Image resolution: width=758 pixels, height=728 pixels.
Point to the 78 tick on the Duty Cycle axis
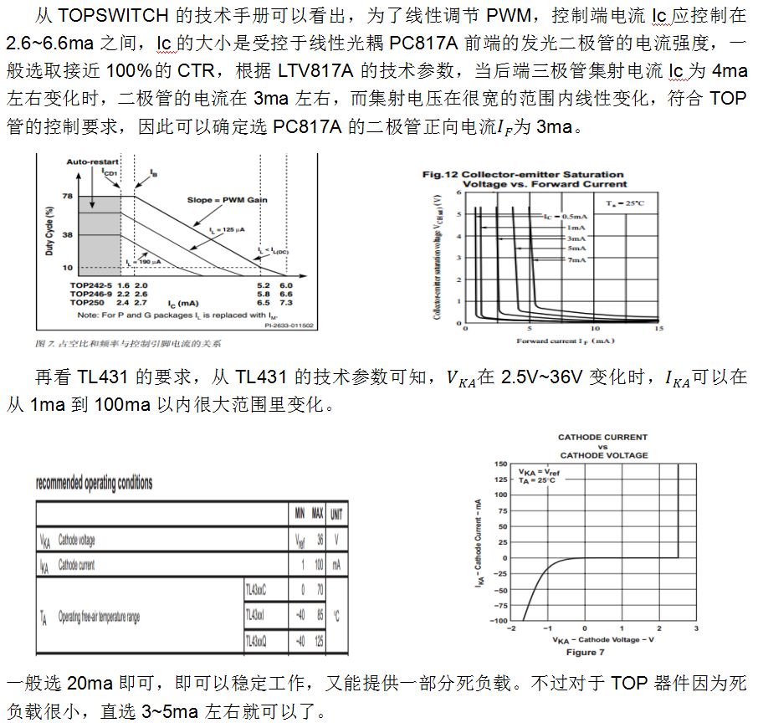pyautogui.click(x=68, y=196)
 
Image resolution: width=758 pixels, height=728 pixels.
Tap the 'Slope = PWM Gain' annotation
pyautogui.click(x=219, y=200)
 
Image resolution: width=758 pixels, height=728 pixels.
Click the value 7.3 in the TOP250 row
pyautogui.click(x=285, y=302)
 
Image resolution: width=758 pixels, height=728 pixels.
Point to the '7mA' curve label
pyautogui.click(x=576, y=260)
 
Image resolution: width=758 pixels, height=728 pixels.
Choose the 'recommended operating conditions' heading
pyautogui.click(x=94, y=484)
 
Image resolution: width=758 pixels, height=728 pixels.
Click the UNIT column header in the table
pyautogui.click(x=335, y=514)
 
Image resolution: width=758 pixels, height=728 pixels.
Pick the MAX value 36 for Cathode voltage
pyautogui.click(x=319, y=541)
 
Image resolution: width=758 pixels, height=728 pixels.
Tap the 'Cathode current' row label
pyautogui.click(x=77, y=566)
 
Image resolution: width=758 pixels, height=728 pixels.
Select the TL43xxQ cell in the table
pyautogui.click(x=255, y=641)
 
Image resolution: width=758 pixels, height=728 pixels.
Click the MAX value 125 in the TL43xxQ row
pyautogui.click(x=318, y=641)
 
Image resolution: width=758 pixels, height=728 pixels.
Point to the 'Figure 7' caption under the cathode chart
pyautogui.click(x=586, y=652)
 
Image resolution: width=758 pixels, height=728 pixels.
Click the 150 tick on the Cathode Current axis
pyautogui.click(x=499, y=463)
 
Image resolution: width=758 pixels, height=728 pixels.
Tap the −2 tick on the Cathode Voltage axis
pyautogui.click(x=511, y=628)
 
